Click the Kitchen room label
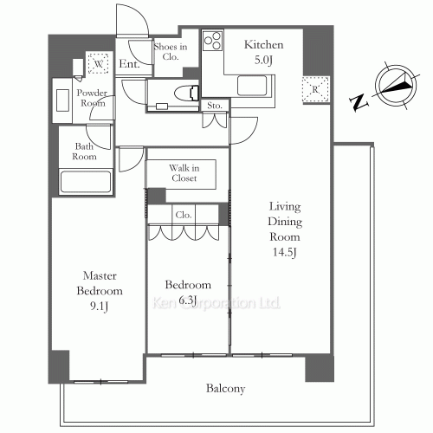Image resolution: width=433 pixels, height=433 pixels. pyautogui.click(x=261, y=44)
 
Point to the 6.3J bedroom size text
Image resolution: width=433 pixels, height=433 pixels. pyautogui.click(x=189, y=300)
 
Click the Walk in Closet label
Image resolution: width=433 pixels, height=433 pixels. pyautogui.click(x=183, y=172)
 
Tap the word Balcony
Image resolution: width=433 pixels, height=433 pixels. pyautogui.click(x=225, y=389)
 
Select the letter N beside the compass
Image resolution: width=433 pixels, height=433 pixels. pyautogui.click(x=358, y=103)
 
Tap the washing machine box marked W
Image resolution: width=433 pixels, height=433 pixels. pyautogui.click(x=99, y=64)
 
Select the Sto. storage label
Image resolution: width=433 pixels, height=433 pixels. pyautogui.click(x=214, y=106)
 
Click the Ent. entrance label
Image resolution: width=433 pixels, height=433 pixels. pyautogui.click(x=130, y=63)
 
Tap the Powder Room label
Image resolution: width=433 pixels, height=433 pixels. pyautogui.click(x=91, y=98)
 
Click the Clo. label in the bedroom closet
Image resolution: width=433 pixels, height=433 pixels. pyautogui.click(x=184, y=213)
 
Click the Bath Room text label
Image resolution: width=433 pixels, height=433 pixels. pyautogui.click(x=83, y=152)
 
